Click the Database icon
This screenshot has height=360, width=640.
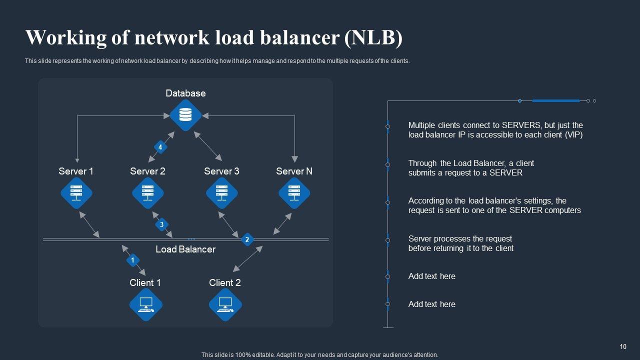185,115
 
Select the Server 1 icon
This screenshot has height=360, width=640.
76,193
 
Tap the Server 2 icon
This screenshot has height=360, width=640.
148,193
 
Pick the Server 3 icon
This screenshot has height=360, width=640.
222,193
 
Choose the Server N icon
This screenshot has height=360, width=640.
294,193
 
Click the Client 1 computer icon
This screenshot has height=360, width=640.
146,304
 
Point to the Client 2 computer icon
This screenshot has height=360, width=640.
225,304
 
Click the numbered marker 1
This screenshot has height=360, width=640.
132,260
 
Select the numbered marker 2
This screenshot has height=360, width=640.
247,240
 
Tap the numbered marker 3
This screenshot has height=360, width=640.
161,225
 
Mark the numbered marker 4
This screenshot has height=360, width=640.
160,147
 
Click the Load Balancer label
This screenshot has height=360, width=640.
185,249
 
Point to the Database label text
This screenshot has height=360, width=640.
185,93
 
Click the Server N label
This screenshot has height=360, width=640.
294,171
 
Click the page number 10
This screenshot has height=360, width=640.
623,346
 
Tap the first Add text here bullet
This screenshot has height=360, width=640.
431,276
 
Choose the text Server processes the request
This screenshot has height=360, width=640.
460,238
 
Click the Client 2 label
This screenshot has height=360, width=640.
225,282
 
